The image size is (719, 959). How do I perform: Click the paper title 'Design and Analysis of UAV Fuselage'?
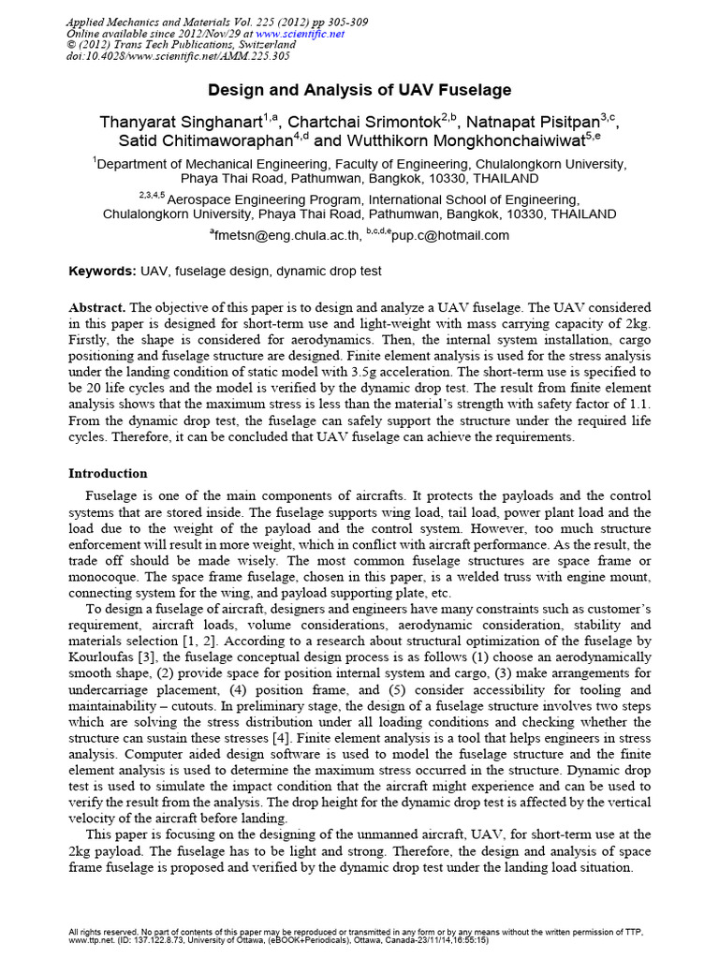coord(359,91)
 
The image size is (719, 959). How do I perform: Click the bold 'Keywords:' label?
coord(103,271)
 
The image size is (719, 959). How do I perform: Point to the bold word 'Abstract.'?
coord(97,307)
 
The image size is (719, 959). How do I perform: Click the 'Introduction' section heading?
coord(109,473)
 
